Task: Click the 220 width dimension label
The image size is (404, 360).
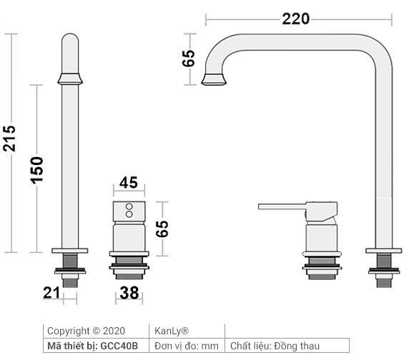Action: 296,19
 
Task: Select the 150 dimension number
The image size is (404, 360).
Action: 37,169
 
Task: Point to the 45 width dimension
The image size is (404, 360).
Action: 129,183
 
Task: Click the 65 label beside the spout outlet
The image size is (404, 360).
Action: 189,59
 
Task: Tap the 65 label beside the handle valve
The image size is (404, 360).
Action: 162,229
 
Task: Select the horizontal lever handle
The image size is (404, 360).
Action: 283,207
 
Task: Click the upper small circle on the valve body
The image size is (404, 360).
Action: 129,206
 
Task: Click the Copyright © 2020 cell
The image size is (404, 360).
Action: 85,331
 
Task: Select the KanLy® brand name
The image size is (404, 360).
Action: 172,331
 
